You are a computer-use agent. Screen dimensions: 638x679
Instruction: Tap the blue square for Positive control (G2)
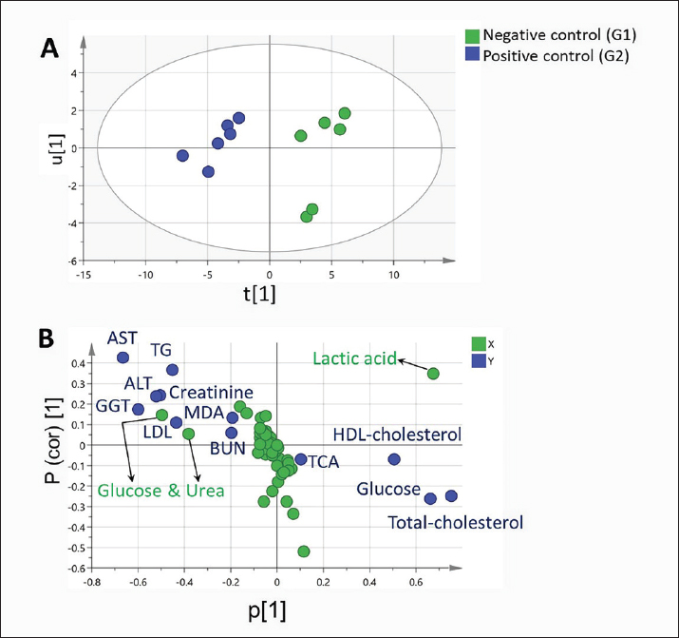point(470,56)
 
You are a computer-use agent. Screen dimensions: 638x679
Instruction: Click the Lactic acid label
point(354,358)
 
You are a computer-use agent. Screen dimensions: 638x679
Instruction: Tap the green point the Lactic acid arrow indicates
point(433,374)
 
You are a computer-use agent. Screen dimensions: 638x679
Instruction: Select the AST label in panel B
point(123,338)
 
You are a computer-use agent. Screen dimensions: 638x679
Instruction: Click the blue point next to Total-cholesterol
point(451,495)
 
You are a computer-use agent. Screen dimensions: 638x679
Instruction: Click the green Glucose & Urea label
point(160,491)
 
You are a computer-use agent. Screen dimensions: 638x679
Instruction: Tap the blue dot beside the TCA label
point(301,459)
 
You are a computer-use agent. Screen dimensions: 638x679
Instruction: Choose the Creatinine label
point(210,393)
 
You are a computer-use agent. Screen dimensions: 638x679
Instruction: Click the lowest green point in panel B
point(304,551)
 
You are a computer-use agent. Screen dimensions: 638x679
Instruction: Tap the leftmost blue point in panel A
point(182,155)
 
